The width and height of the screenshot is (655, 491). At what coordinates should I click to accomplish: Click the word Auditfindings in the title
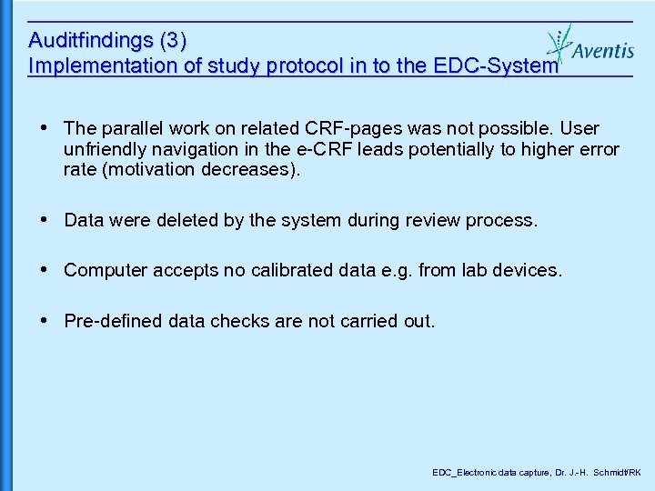(91, 41)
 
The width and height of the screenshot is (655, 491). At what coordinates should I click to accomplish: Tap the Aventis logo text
(602, 50)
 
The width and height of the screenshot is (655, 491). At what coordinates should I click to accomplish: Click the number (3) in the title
(173, 41)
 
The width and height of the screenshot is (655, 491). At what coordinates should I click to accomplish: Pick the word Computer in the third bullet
(103, 270)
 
